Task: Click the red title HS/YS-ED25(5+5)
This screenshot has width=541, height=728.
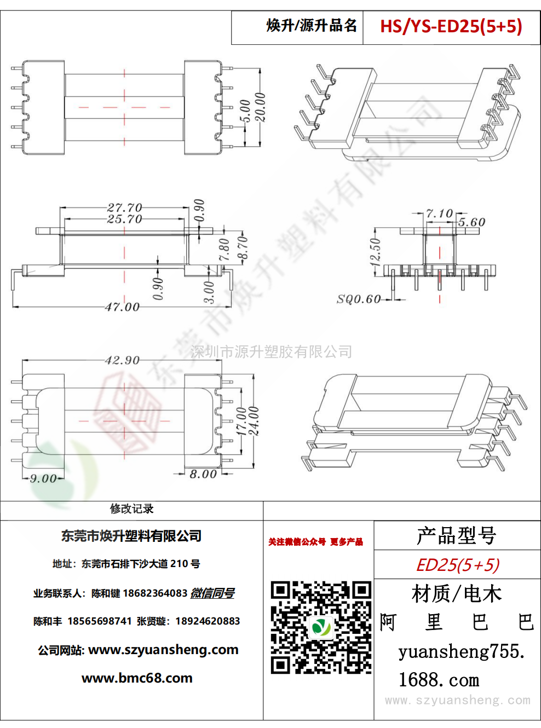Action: pos(451,26)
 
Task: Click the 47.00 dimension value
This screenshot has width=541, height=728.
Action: pos(122,307)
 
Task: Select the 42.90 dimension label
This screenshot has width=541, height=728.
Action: pos(122,360)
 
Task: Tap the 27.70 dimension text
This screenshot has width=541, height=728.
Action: pos(124,207)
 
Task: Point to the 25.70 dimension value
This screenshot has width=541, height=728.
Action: pos(124,219)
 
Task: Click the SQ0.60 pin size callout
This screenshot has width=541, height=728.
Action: pos(359,299)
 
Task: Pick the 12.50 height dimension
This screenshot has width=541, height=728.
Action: pos(375,252)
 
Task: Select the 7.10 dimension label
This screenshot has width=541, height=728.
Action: pos(440,213)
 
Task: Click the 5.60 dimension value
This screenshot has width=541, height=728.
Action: pos(471,222)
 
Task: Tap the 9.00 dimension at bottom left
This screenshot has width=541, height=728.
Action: pos(43,478)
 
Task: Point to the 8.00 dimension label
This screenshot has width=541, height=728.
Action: pos(203,474)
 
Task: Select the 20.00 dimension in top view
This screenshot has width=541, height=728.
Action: pos(260,107)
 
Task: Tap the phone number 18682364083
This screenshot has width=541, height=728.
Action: pos(155,593)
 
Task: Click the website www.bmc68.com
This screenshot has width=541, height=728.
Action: pos(137,678)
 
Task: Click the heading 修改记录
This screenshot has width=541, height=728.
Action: pos(132,509)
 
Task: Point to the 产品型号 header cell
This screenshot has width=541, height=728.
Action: pos(457,536)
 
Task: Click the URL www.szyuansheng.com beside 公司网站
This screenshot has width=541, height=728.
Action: pos(163,650)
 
